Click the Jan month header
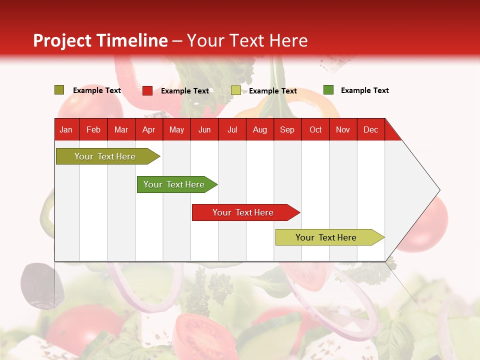tap(66, 129)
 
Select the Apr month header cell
tap(148, 129)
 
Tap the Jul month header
tap(232, 129)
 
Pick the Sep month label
tap(287, 129)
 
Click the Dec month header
tap(370, 129)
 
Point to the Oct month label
tap(315, 129)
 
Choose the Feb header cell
tap(93, 129)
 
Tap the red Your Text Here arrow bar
tap(243, 212)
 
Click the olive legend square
tap(59, 90)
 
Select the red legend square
tap(147, 90)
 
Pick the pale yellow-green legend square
tap(236, 90)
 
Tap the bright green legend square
tap(328, 90)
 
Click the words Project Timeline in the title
tap(100, 40)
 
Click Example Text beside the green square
tap(364, 90)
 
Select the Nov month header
tap(343, 129)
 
